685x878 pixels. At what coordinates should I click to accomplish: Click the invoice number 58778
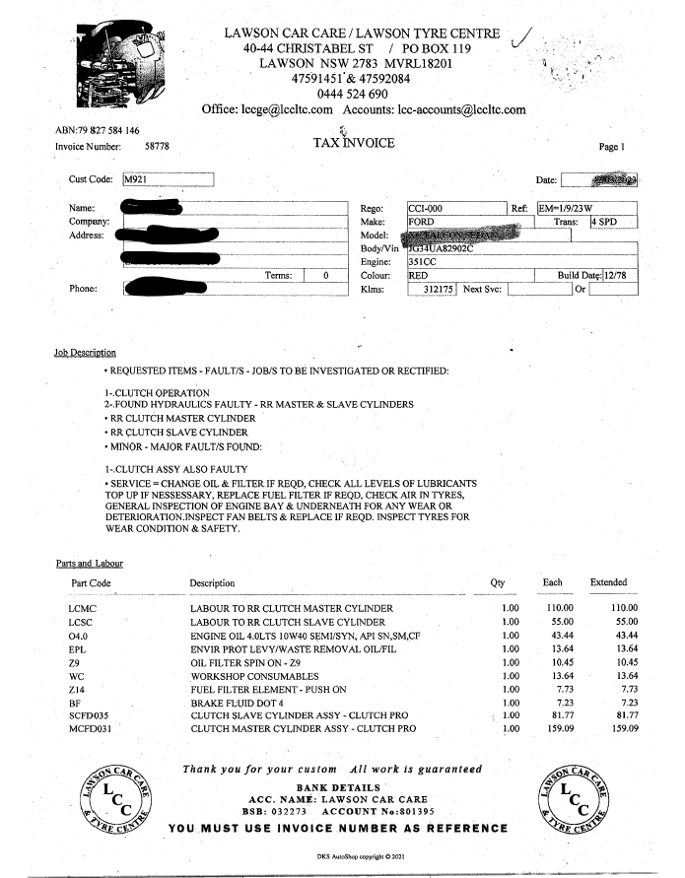[157, 146]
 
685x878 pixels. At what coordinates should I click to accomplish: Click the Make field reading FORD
[469, 223]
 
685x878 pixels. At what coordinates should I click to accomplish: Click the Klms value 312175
[434, 290]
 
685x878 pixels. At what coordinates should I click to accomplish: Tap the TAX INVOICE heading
[353, 144]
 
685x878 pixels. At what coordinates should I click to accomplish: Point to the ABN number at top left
[97, 130]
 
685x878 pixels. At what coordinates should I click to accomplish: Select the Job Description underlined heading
[85, 353]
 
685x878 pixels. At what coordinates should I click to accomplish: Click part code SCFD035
[90, 714]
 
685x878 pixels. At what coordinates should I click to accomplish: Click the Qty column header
[497, 583]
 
